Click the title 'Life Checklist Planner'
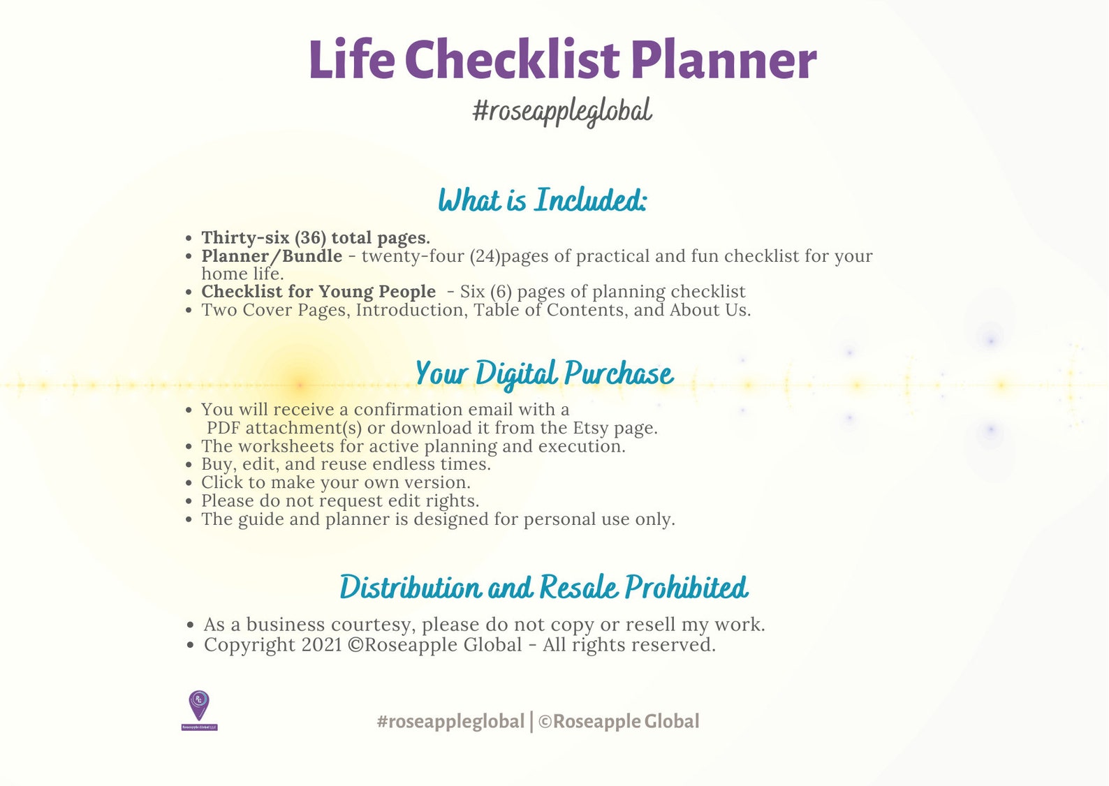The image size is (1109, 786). tap(562, 60)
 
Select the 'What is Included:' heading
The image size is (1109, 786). tap(543, 201)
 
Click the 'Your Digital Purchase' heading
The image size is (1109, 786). tap(544, 374)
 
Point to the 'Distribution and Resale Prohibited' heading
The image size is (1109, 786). tap(543, 588)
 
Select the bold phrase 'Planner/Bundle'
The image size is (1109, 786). tap(272, 256)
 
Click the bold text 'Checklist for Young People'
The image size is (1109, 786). tap(318, 292)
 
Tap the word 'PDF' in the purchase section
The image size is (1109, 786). tap(223, 428)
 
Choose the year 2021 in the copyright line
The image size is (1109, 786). tap(321, 645)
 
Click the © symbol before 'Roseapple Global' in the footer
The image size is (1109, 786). tap(545, 722)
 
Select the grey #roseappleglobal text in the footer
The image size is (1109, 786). tap(450, 722)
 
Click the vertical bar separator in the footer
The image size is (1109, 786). tap(531, 722)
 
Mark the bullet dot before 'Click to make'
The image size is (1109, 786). tap(189, 483)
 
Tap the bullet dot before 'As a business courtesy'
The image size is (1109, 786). tap(190, 625)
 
